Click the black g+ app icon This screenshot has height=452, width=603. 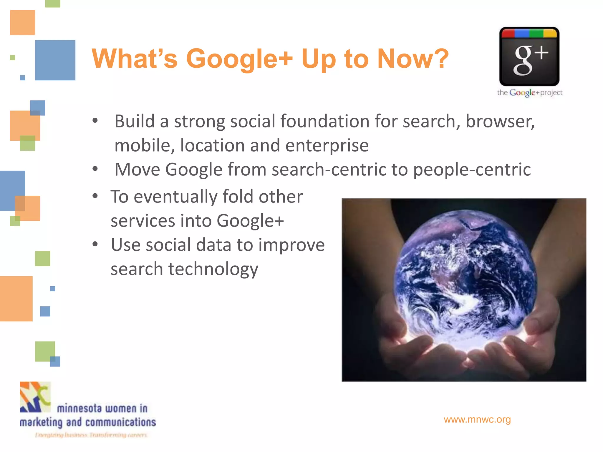(529, 56)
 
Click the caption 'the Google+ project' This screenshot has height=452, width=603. (529, 93)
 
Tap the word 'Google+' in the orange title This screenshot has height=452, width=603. (239, 59)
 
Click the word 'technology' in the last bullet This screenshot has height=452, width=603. (213, 269)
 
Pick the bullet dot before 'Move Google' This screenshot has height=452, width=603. (95, 169)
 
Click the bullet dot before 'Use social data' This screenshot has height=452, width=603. (95, 244)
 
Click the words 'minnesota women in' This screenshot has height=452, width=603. (102, 408)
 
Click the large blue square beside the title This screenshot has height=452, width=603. (55, 60)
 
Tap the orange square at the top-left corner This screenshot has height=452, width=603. (22, 22)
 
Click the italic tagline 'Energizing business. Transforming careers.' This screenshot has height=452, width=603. (91, 435)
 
